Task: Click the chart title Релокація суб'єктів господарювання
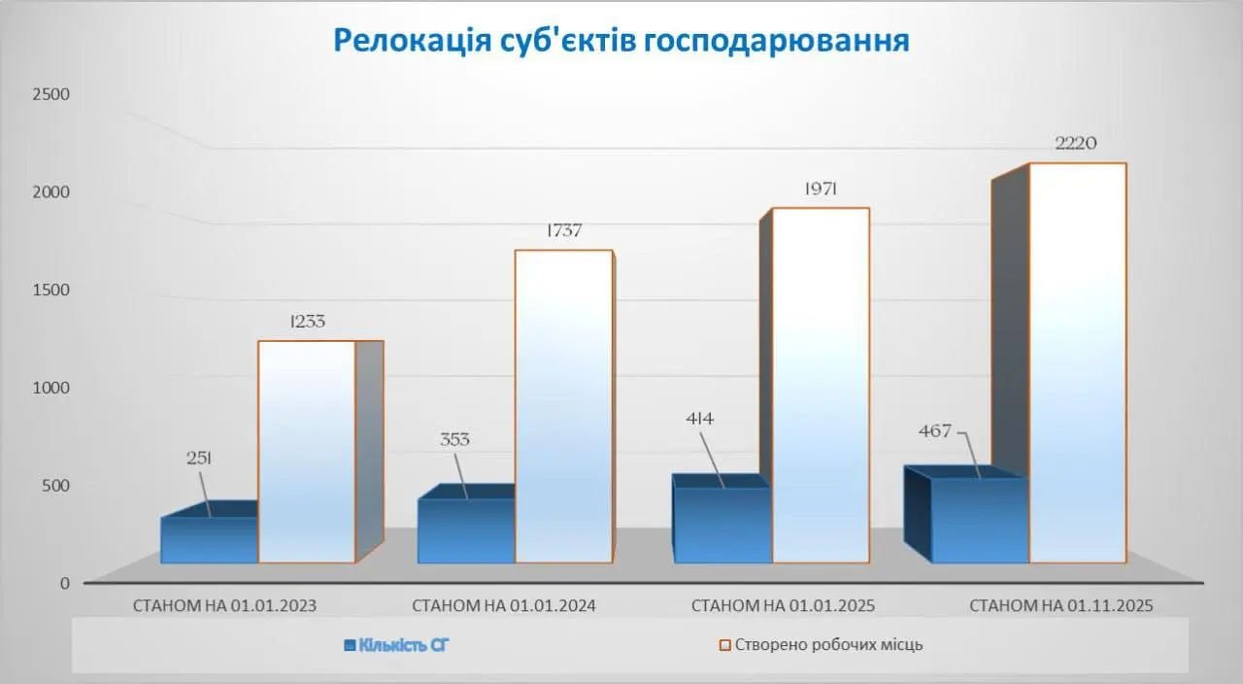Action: (x=621, y=41)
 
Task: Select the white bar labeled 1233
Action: (x=306, y=452)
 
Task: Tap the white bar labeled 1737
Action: (x=563, y=406)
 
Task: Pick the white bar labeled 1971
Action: (x=820, y=385)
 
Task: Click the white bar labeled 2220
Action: (x=1077, y=362)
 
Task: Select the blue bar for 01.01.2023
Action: (x=209, y=540)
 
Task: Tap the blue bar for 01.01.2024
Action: (x=466, y=531)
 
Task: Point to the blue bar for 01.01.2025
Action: (x=722, y=526)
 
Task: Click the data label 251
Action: (x=199, y=459)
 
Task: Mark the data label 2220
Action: (x=1076, y=144)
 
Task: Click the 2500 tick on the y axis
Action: (x=50, y=94)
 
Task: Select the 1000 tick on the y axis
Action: (x=50, y=388)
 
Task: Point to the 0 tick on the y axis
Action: (x=64, y=583)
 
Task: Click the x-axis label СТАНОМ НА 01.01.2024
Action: (x=503, y=605)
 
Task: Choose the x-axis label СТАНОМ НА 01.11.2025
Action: (x=1060, y=605)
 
